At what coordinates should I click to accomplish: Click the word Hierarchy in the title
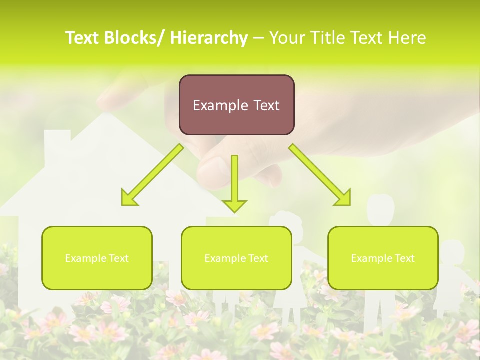pyautogui.click(x=209, y=38)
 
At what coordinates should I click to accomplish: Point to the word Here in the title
pyautogui.click(x=407, y=38)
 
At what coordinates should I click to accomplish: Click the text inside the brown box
pyautogui.click(x=236, y=105)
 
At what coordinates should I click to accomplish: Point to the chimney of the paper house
pyautogui.click(x=57, y=145)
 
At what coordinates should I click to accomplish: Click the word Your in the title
pyautogui.click(x=286, y=38)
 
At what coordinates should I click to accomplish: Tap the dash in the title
pyautogui.click(x=258, y=38)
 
